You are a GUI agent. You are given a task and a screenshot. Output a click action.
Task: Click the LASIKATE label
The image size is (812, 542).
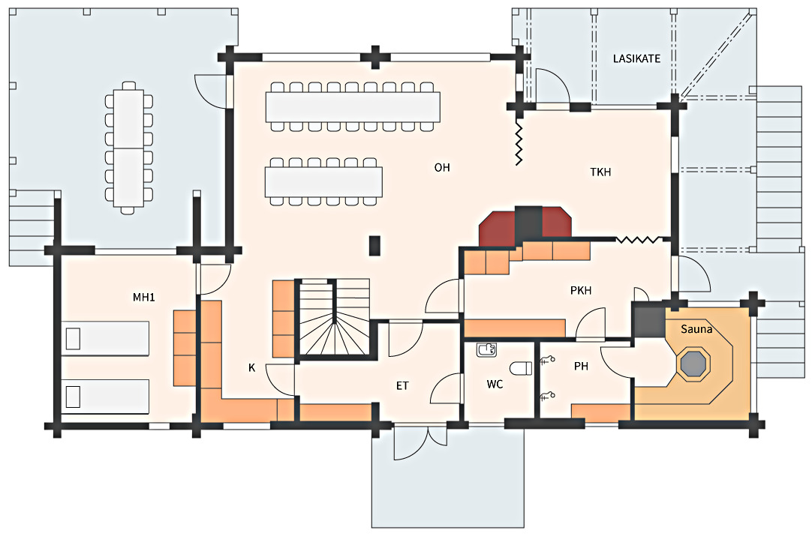(x=636, y=59)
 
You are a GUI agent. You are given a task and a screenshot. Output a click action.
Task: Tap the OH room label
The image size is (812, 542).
(x=442, y=168)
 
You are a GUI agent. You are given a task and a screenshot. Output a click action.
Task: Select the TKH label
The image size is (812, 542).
(x=600, y=172)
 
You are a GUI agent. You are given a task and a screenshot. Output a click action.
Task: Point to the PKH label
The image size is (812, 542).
(x=581, y=291)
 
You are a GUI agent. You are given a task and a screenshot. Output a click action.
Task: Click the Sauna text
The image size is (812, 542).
(x=696, y=329)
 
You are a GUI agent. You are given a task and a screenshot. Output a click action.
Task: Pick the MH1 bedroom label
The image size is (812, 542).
(x=143, y=298)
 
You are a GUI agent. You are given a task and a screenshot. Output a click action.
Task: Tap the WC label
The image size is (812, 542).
(x=495, y=385)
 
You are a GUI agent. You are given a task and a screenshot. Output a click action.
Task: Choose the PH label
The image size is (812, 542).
(x=581, y=366)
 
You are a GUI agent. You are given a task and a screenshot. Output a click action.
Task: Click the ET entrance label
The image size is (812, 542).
(x=402, y=386)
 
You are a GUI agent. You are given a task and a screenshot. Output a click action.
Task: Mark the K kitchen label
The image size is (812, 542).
(x=251, y=368)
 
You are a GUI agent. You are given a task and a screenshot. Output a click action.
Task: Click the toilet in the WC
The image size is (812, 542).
(x=521, y=368)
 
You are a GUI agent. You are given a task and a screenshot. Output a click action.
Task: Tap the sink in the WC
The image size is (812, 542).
(x=486, y=349)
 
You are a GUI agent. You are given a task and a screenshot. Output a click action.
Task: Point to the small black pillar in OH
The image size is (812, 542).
(x=374, y=246)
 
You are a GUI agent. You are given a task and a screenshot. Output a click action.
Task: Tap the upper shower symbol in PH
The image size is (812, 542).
(x=547, y=360)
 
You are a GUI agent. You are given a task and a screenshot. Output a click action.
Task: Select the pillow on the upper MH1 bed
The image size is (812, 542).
(x=73, y=339)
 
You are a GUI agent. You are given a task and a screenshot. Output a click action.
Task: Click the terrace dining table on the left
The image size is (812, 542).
(x=128, y=148)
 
